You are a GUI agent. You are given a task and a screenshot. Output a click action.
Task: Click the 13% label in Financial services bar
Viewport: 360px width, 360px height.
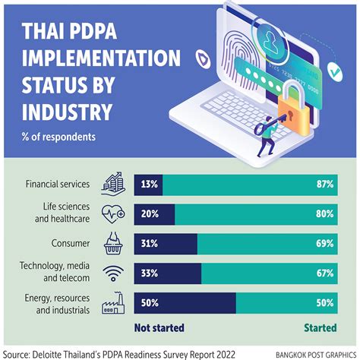[x=150, y=185]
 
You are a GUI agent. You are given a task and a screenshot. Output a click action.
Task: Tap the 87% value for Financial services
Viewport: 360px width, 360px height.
[x=325, y=185]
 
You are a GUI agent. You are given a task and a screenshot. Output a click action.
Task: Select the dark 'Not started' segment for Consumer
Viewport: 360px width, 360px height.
[x=166, y=244]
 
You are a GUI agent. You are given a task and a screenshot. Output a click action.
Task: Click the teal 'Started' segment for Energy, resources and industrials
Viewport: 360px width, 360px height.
[x=286, y=303]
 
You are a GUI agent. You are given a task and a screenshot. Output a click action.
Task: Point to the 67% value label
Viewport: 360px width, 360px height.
[x=325, y=273]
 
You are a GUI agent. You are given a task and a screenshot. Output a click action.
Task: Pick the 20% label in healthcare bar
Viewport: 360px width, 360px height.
[x=150, y=214]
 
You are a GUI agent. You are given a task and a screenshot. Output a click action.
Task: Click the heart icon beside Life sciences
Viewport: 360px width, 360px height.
[x=113, y=214]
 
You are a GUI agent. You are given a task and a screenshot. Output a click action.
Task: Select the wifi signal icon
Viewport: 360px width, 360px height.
[x=113, y=273]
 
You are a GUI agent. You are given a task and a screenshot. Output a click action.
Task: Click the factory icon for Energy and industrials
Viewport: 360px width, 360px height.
[x=113, y=303]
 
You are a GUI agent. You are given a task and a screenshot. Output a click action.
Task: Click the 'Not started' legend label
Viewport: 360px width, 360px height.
[x=159, y=328]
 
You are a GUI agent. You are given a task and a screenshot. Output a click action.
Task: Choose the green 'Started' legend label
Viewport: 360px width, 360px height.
[x=321, y=328]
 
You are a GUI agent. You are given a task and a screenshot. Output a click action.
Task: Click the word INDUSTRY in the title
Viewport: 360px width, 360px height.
[x=67, y=112]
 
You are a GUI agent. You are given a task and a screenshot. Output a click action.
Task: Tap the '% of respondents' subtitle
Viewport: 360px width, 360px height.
[x=58, y=137]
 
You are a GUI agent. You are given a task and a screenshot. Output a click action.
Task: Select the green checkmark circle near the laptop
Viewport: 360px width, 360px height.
[x=334, y=72]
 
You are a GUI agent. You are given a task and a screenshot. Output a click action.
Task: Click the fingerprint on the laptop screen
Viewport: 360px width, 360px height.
[x=239, y=59]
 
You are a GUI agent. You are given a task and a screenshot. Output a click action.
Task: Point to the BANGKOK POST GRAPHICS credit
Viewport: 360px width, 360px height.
[x=316, y=354]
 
